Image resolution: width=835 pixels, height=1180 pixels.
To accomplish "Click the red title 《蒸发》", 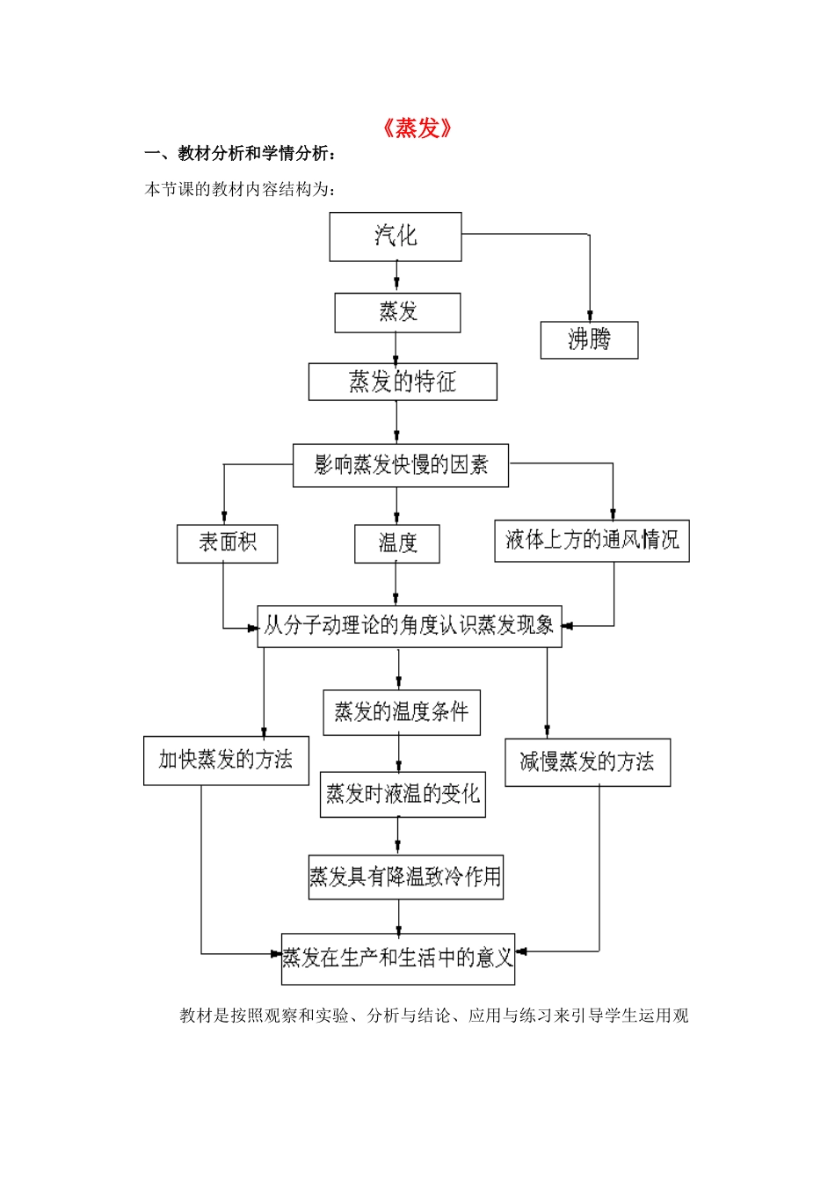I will (417, 128).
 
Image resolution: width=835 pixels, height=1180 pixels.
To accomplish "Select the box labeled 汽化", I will (396, 237).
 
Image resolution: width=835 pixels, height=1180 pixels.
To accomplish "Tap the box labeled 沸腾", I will (589, 340).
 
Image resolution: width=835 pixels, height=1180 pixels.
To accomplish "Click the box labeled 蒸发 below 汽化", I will (397, 313).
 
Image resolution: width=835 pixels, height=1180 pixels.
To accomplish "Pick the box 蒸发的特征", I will (403, 382).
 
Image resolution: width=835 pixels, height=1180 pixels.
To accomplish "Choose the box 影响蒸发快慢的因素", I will (401, 465).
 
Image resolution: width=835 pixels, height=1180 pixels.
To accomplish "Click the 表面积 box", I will (227, 543).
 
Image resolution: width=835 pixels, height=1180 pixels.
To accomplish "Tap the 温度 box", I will (397, 544).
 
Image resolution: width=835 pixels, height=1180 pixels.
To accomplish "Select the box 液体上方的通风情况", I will (592, 541).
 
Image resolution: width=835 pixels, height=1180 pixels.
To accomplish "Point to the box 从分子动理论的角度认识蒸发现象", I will (410, 626).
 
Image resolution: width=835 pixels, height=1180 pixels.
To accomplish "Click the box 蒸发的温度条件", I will (402, 712).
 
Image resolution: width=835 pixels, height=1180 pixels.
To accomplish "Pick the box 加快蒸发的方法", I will (226, 761).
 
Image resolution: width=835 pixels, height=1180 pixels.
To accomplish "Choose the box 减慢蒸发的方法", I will (587, 762).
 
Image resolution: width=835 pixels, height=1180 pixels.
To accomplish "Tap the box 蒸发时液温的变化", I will (403, 795).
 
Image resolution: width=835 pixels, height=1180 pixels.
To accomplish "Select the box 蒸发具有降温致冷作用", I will (405, 877).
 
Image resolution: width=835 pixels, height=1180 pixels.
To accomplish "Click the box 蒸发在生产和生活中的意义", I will (397, 958).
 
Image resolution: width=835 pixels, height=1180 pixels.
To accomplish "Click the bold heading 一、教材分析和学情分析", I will (240, 155).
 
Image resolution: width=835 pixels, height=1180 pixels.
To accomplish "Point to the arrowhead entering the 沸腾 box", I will (590, 316).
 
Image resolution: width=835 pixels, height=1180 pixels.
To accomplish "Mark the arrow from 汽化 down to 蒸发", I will (396, 277).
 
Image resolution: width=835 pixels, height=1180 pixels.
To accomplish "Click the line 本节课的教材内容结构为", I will (240, 190).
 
